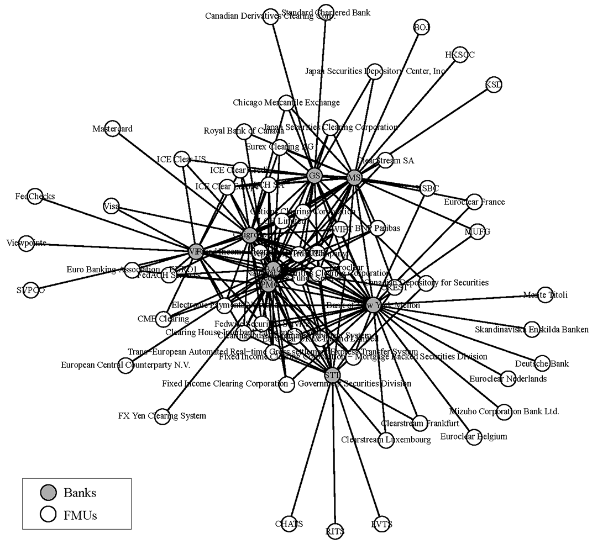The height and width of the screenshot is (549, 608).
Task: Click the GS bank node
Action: [x=315, y=176]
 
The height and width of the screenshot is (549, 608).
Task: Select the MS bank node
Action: [x=354, y=177]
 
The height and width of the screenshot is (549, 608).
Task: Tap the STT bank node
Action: [x=332, y=376]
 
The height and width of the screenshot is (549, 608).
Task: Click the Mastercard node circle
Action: [x=112, y=129]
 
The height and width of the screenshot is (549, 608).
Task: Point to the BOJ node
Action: [x=422, y=28]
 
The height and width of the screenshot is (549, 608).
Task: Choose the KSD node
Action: [x=494, y=85]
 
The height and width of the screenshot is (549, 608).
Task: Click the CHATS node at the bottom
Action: [x=289, y=524]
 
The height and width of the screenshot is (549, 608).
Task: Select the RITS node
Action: [x=335, y=531]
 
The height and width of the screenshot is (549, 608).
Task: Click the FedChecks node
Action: [x=35, y=197]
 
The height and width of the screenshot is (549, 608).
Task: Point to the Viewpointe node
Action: [x=27, y=243]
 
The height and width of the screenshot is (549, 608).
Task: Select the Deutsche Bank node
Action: [x=542, y=363]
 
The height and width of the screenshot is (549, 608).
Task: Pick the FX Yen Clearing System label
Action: [x=162, y=416]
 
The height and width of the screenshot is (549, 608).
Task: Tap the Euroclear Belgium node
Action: [x=473, y=436]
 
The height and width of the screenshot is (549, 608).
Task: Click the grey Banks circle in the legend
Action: [x=49, y=492]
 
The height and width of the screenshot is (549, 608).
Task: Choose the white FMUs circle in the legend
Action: [x=49, y=515]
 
